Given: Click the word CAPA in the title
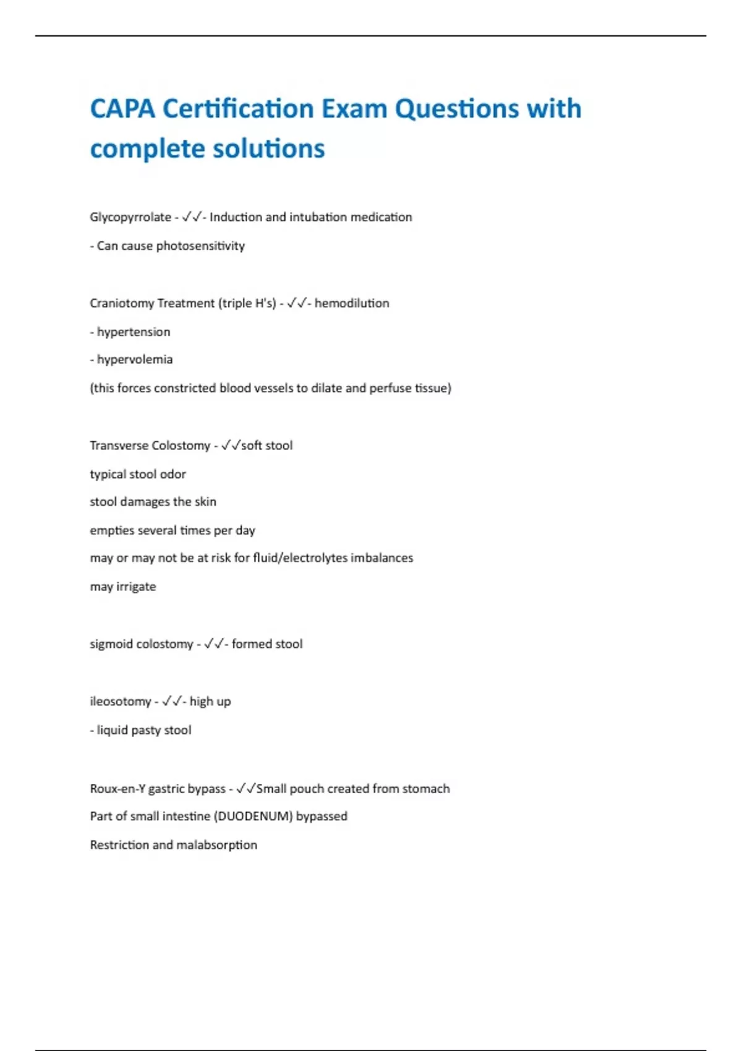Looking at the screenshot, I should coord(122,109).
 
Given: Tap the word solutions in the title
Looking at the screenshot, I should coord(268,149).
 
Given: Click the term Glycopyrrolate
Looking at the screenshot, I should coord(130,218).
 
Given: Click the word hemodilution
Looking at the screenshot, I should coord(352,304).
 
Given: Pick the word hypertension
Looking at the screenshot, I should coord(134,332).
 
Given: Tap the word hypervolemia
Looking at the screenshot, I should coord(135,360).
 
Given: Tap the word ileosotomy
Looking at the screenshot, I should coord(120,702).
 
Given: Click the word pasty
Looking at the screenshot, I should coord(146,730).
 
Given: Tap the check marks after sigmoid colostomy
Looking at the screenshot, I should coord(213,644).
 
